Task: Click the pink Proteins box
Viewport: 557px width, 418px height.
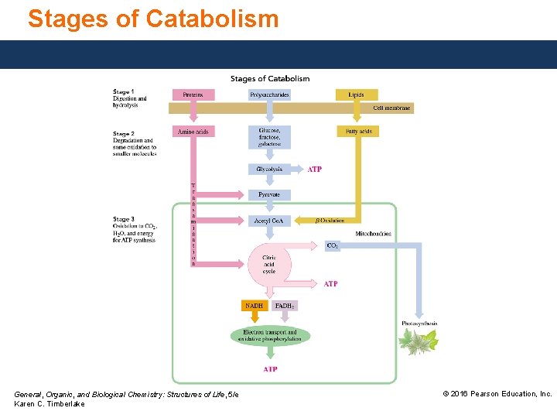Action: coord(193,95)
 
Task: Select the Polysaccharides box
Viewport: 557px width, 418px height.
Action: coord(269,95)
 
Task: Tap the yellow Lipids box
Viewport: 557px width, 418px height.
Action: coord(356,95)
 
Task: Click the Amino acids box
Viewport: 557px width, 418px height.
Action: coord(193,132)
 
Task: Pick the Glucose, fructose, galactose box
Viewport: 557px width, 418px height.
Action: coord(269,136)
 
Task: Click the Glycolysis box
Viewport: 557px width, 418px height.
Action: coord(269,169)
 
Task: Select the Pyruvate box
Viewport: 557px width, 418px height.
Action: coord(269,195)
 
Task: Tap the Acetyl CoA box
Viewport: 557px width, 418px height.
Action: coord(269,221)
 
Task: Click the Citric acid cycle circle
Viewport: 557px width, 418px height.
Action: coord(268,265)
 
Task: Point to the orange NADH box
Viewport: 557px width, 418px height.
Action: coord(254,306)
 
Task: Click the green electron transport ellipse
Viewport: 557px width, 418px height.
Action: coord(269,336)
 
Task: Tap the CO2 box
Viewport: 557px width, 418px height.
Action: coord(333,246)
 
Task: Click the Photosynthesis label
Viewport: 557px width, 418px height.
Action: coord(419,324)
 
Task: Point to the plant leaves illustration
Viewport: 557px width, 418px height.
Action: coord(419,341)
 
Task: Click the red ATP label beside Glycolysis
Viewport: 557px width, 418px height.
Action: coord(315,169)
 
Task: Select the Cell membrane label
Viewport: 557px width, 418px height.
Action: coord(391,108)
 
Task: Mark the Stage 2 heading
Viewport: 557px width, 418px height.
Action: coord(124,134)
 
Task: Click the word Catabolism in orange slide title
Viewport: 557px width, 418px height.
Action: coord(211,19)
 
